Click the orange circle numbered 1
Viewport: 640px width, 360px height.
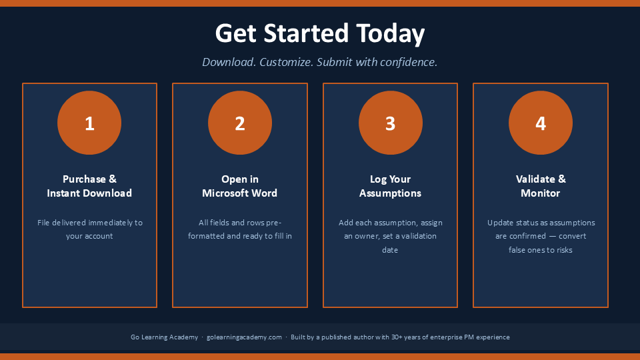pyautogui.click(x=89, y=123)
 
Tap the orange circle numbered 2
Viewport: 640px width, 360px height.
pyautogui.click(x=240, y=123)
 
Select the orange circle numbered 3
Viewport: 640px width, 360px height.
pyautogui.click(x=391, y=123)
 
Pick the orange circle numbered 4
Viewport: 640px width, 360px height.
pyautogui.click(x=541, y=123)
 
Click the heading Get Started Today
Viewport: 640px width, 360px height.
pyautogui.click(x=320, y=33)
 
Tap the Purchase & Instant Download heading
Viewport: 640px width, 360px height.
pyautogui.click(x=89, y=186)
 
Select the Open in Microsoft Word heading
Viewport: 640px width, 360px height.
pyautogui.click(x=239, y=186)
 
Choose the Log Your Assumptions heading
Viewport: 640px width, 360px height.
pyautogui.click(x=390, y=186)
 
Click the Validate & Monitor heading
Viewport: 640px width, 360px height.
pyautogui.click(x=541, y=186)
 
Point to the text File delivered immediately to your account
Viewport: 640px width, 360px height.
pyautogui.click(x=90, y=229)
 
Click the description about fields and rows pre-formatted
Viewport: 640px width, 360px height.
pyautogui.click(x=240, y=229)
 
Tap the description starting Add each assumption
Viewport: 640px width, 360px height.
pyautogui.click(x=390, y=236)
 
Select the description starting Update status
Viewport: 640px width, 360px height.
pyautogui.click(x=541, y=236)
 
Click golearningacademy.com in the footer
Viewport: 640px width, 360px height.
pyautogui.click(x=244, y=337)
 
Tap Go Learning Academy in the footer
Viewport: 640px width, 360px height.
pyautogui.click(x=164, y=337)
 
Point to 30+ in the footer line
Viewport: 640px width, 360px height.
pyautogui.click(x=397, y=337)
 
